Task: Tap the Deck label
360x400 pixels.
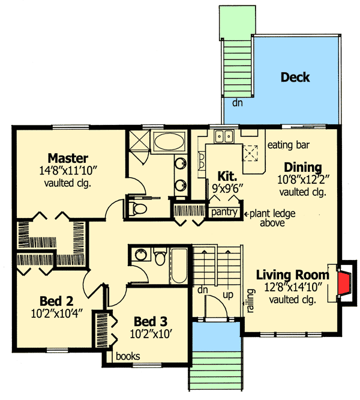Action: (x=295, y=77)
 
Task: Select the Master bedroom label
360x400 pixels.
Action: (x=68, y=159)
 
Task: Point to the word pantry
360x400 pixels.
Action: (x=221, y=213)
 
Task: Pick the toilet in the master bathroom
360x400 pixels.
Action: (x=139, y=208)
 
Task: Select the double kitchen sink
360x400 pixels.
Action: (x=225, y=136)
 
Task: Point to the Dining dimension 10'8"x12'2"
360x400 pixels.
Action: (x=302, y=180)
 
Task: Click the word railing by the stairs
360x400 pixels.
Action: (x=248, y=297)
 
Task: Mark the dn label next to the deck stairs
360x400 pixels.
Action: (x=229, y=103)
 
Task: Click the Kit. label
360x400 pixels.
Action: (x=228, y=175)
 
